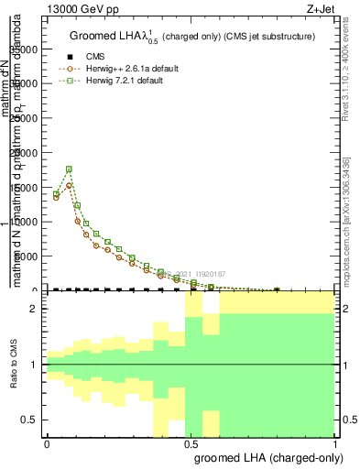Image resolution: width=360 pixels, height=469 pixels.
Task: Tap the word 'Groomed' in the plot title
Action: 92,37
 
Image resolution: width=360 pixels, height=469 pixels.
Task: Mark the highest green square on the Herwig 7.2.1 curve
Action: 69,169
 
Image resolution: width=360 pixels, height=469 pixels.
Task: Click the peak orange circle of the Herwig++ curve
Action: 69,185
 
